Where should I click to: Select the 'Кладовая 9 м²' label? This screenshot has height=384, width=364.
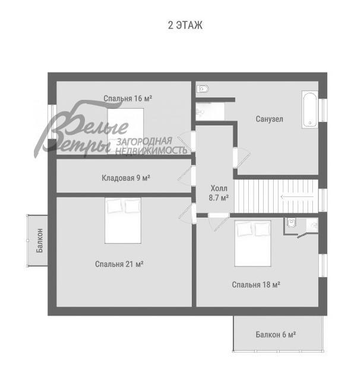click(125, 177)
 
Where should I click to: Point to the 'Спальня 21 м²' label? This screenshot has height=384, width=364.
click(120, 263)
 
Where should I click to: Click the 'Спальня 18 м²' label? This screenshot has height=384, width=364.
click(256, 285)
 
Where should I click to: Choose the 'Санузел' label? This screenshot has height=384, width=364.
click(269, 119)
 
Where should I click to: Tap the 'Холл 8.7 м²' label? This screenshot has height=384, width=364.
click(219, 193)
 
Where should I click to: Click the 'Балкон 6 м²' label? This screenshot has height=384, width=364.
click(276, 335)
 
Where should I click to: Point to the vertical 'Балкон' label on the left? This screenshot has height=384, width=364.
click(40, 240)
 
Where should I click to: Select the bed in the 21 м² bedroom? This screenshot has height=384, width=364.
click(123, 221)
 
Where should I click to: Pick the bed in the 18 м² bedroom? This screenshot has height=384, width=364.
click(252, 243)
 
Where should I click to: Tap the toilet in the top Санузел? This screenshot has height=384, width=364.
click(202, 89)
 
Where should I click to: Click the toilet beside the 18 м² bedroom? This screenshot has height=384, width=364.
click(291, 224)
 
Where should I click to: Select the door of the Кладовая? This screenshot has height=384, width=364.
click(192, 175)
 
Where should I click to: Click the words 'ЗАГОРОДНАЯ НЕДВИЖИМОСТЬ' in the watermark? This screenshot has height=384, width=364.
click(151, 146)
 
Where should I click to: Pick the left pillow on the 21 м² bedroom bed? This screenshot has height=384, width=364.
click(115, 206)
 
